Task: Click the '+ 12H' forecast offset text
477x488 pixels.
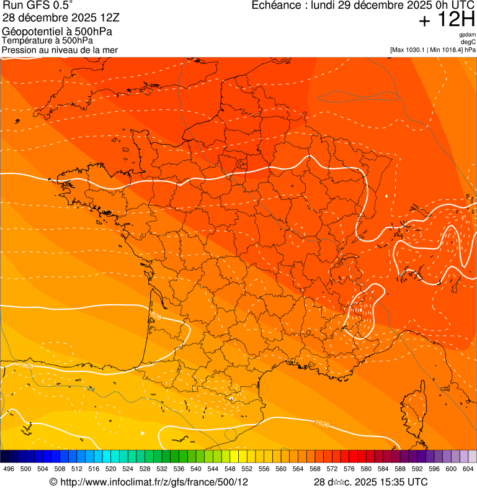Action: coord(447,20)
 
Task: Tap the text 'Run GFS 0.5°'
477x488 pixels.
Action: coord(38,6)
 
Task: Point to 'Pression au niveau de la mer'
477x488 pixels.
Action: coord(60,50)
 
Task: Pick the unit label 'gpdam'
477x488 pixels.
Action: coord(467,35)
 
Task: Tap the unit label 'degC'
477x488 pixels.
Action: coord(468,42)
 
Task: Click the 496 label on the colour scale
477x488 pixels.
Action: coord(9,469)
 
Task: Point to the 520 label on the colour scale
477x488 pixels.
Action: coord(111,469)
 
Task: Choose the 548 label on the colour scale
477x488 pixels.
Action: coord(230,469)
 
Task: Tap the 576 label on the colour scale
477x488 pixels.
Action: coord(349,469)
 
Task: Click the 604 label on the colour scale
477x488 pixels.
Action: coord(468,469)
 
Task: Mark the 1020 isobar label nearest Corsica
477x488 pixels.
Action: coord(321,423)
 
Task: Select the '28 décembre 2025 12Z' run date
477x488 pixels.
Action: coord(65,19)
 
